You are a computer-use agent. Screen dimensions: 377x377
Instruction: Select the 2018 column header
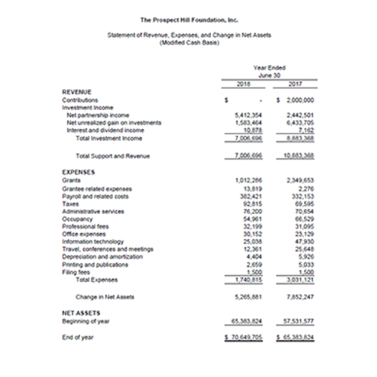[244, 82]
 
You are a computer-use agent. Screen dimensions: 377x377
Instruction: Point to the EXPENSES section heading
[78, 172]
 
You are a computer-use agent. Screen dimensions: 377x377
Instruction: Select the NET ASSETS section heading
[81, 310]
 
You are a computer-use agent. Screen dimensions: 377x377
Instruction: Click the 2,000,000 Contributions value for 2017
[299, 99]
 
